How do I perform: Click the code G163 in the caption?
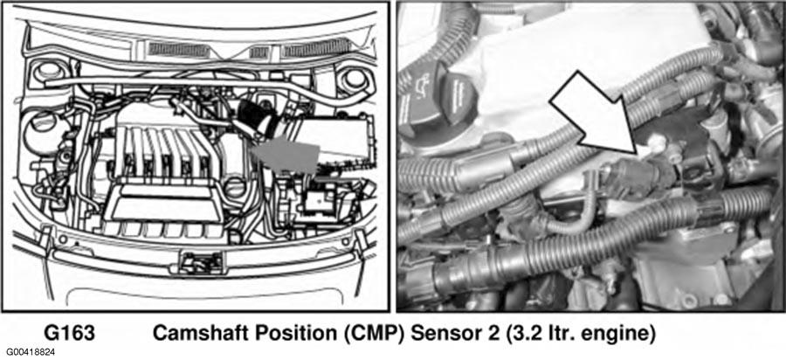(x=70, y=332)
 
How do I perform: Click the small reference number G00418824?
(x=31, y=353)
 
